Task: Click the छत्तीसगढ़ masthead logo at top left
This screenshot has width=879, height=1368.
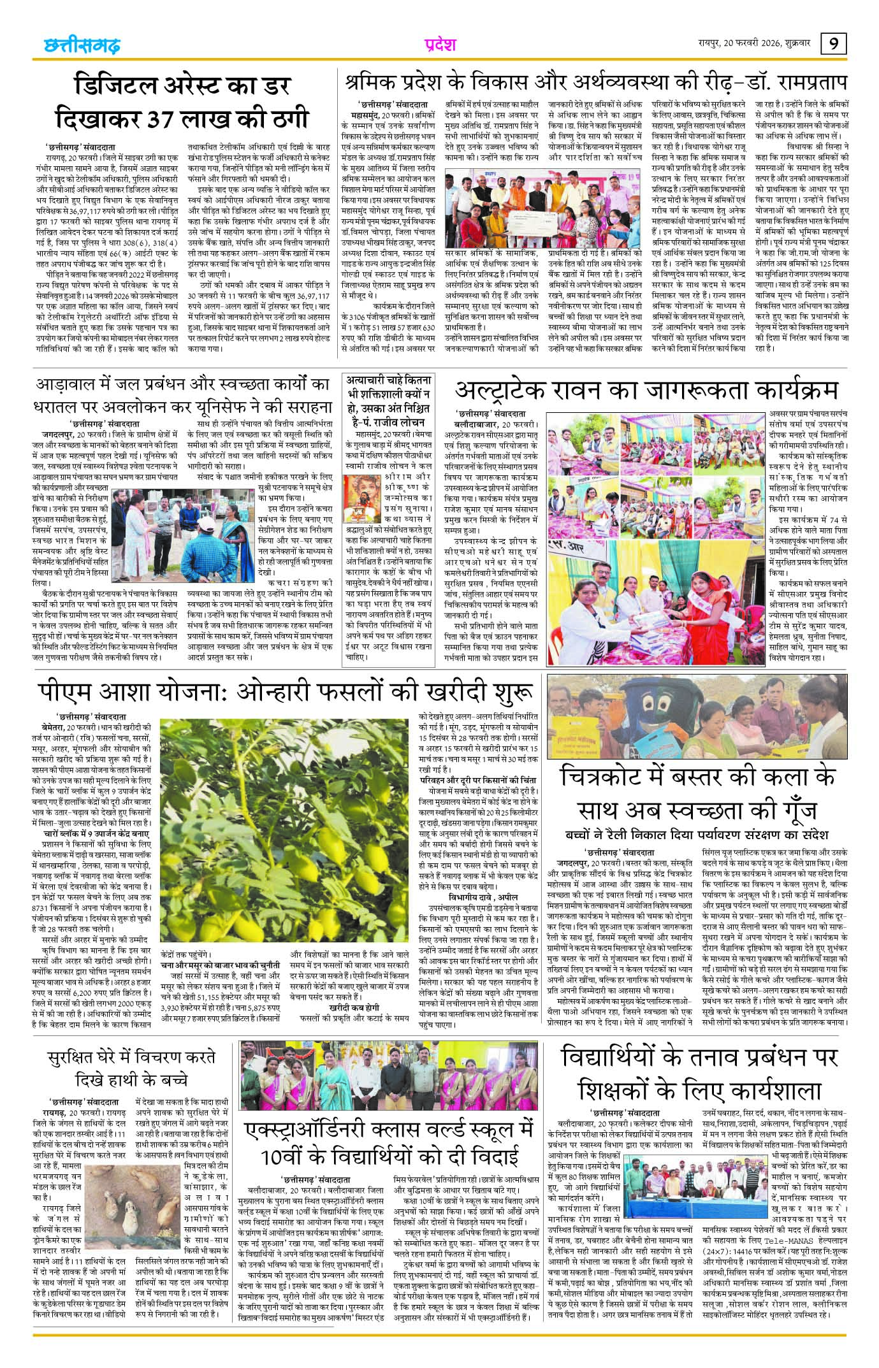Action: pyautogui.click(x=82, y=46)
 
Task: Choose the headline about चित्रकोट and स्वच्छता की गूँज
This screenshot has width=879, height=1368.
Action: pyautogui.click(x=697, y=793)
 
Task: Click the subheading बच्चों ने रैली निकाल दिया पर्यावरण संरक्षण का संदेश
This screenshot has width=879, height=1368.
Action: pyautogui.click(x=697, y=834)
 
